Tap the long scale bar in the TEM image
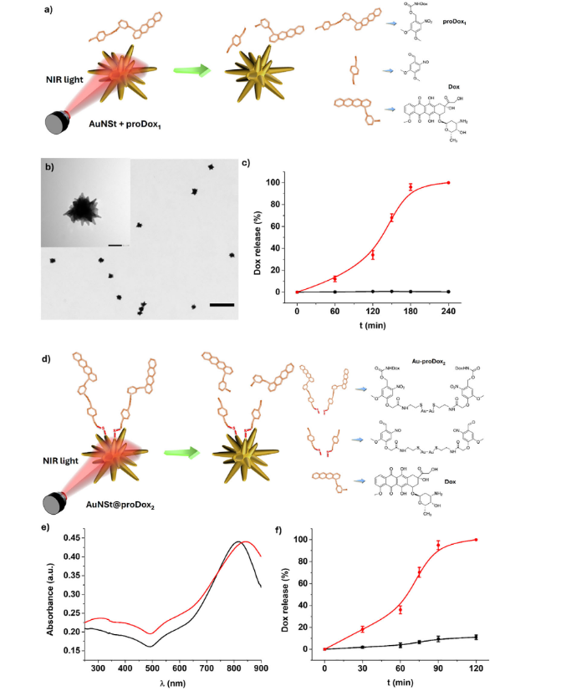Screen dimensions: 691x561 point(222,304)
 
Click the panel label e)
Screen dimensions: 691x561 point(47,526)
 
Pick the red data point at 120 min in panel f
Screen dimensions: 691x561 point(477,540)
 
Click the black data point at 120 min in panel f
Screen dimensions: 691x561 point(477,637)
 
